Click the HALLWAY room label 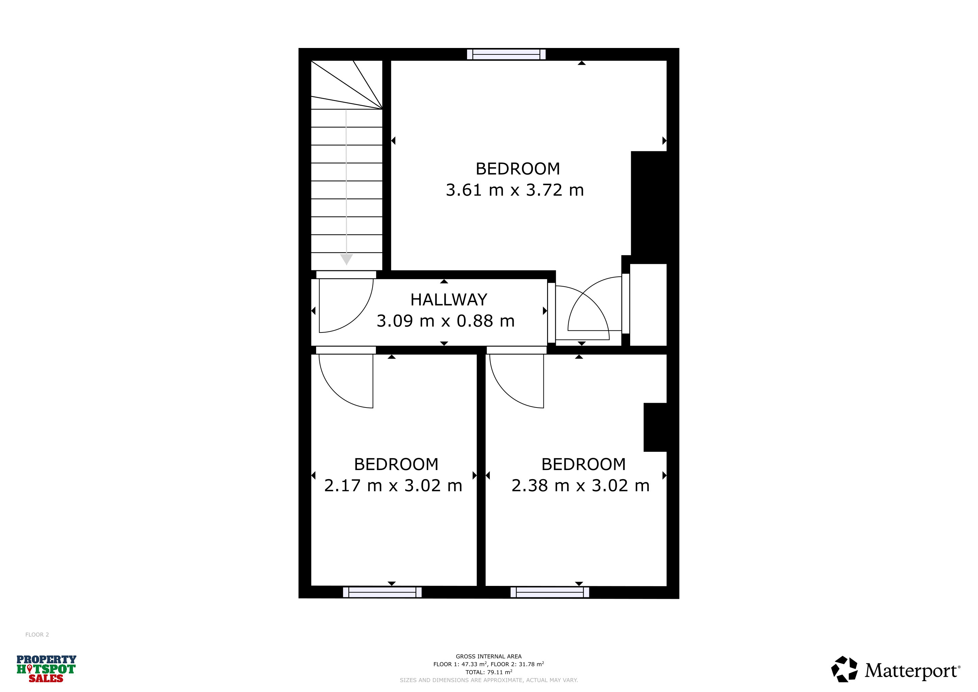(x=448, y=300)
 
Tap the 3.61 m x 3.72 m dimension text (x=515, y=190)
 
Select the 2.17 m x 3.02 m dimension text (x=393, y=485)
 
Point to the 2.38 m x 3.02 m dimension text (x=581, y=485)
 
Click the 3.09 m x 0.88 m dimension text (x=445, y=321)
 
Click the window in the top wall (x=506, y=54)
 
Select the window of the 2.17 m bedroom (x=382, y=592)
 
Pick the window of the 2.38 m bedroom (x=550, y=592)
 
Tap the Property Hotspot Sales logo (x=46, y=669)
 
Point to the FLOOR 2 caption (x=37, y=635)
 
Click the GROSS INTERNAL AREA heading (x=489, y=657)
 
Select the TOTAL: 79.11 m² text (x=489, y=672)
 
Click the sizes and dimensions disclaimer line (x=489, y=680)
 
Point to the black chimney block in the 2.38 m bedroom (x=655, y=427)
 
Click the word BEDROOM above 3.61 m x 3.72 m (x=518, y=169)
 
